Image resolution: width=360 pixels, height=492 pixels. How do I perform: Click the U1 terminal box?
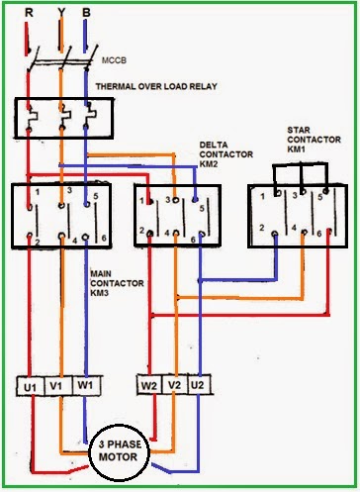pos(31,386)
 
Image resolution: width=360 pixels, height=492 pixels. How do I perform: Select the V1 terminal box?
pos(58,385)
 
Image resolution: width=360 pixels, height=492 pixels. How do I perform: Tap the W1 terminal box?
pos(86,385)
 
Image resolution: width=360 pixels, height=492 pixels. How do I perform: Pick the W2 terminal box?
pos(149,384)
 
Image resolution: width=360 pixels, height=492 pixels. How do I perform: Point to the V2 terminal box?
pos(175,384)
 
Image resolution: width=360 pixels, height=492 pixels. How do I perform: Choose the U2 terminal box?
pos(199,384)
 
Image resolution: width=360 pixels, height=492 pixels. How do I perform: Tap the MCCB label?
pos(114,60)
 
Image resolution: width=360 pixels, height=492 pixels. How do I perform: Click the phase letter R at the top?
pos(29,13)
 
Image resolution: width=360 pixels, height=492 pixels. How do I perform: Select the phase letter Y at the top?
pos(61,13)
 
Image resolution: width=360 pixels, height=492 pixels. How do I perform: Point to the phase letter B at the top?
pos(86,13)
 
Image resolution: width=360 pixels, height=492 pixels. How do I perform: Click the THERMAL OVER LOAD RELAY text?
pos(156,86)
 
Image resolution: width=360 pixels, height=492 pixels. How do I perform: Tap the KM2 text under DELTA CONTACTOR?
pos(209,163)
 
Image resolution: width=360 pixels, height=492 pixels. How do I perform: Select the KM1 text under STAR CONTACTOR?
pos(297,148)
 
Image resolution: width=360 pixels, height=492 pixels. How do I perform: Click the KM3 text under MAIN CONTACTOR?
pos(100,293)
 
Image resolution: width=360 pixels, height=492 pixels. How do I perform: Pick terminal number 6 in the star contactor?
pos(319,234)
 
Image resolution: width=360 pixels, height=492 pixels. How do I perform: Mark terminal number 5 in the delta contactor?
pos(202,209)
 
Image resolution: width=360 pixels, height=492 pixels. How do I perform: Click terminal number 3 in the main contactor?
pos(69,190)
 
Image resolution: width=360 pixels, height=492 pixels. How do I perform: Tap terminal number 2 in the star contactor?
pos(262,228)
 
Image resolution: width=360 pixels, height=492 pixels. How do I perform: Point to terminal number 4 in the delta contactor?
pos(167,233)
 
